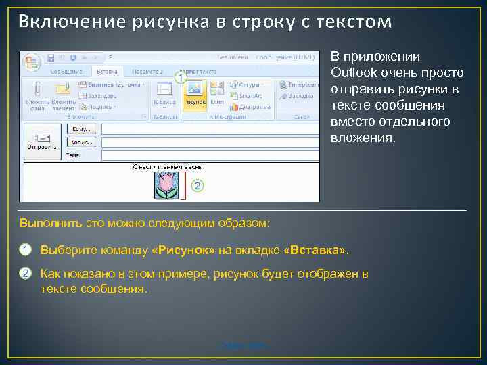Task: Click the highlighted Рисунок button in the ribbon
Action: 193,93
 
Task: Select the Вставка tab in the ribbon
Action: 108,72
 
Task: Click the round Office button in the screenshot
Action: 31,62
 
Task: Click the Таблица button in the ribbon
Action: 163,93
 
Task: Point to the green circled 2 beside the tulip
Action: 198,185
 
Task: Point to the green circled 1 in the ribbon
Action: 180,78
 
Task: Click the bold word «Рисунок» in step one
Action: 184,251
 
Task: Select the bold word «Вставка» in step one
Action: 315,251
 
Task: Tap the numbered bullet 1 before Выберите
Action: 26,251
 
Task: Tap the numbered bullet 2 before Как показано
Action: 26,274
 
